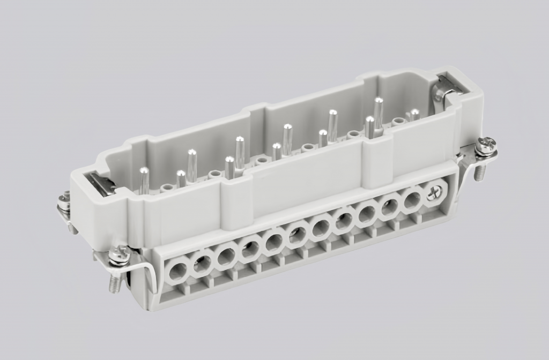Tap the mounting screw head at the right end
tap(486, 146)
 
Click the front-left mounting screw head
tap(118, 255)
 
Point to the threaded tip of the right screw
tap(480, 172)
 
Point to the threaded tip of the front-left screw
tap(114, 284)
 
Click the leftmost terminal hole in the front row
tap(177, 273)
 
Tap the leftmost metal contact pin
tap(144, 180)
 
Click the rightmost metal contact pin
tap(414, 115)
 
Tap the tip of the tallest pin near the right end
tap(379, 100)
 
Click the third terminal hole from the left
tap(226, 257)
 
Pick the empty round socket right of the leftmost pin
tap(168, 187)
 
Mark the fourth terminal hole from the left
tap(249, 249)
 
